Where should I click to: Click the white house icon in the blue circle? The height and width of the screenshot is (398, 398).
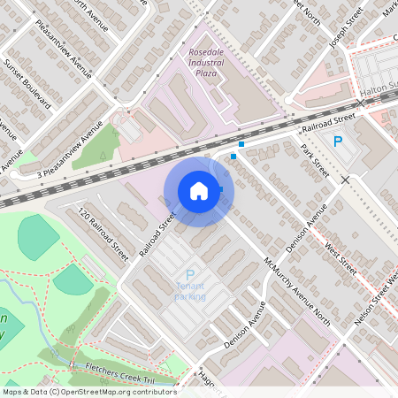tap(199, 190)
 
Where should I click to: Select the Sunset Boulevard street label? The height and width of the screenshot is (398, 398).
tap(27, 85)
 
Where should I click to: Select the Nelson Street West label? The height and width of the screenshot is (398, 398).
tap(376, 300)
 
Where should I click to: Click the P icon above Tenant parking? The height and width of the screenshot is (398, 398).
tap(189, 277)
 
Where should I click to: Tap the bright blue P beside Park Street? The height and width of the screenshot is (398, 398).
tap(337, 142)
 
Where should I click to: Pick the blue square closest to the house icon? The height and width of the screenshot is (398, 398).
tap(233, 157)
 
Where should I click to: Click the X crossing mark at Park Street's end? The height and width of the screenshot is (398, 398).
tap(345, 180)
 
